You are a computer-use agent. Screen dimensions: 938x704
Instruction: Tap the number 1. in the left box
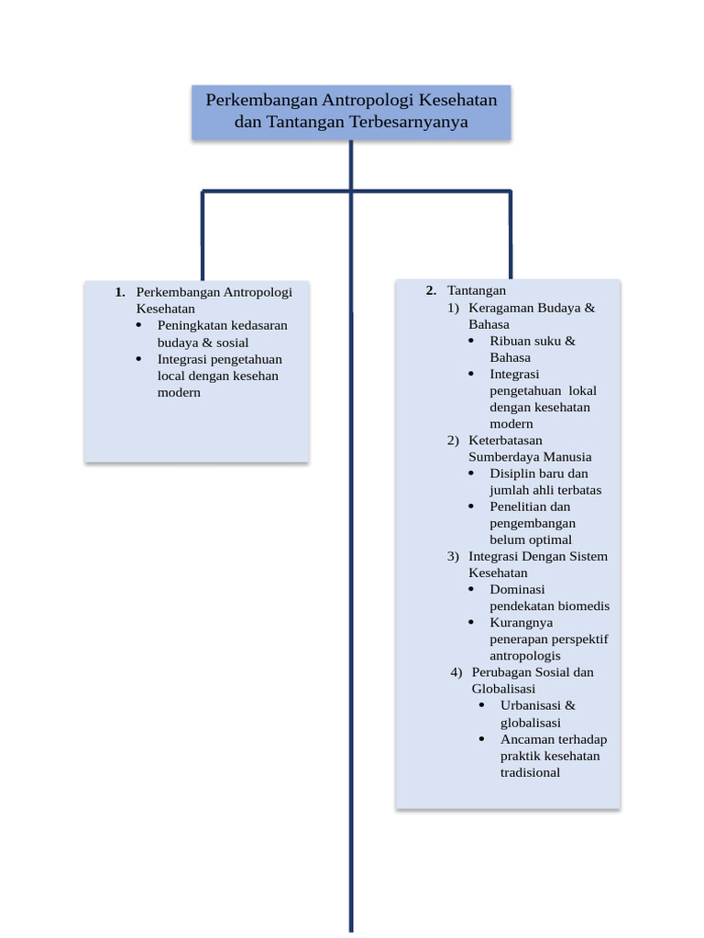pos(120,292)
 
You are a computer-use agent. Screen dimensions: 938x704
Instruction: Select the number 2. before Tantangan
pos(431,290)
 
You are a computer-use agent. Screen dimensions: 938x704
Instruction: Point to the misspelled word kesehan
pos(256,376)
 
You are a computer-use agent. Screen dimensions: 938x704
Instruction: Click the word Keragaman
pos(501,308)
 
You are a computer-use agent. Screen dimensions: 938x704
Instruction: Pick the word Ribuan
pos(511,341)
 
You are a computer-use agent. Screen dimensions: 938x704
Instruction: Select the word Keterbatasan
pos(505,441)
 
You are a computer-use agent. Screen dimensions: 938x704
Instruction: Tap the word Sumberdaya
pos(503,457)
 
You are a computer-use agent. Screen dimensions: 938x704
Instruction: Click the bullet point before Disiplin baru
pos(471,474)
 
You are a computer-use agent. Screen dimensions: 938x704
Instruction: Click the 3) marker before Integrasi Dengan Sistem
pos(453,557)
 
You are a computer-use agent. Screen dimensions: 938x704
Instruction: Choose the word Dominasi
pos(517,590)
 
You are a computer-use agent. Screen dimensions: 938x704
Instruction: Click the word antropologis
pos(525,656)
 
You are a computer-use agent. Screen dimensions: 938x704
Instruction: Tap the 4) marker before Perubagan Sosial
pos(456,672)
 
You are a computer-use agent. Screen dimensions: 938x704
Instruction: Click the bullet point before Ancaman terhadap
pos(482,739)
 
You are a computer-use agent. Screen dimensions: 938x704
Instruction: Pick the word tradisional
pos(530,772)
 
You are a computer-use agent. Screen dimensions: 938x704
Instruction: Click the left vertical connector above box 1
pos(203,234)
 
